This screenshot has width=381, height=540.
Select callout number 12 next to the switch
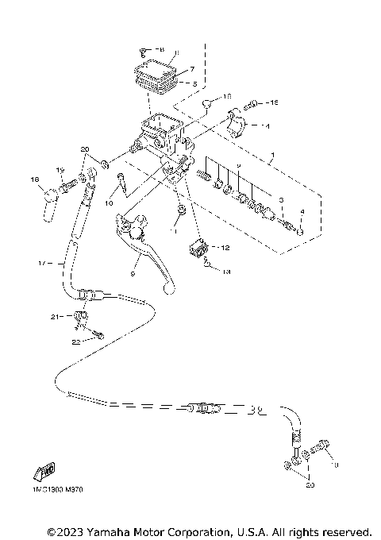(225, 247)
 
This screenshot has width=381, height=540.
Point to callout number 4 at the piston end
(301, 212)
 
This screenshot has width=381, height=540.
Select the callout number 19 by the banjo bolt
(60, 171)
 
